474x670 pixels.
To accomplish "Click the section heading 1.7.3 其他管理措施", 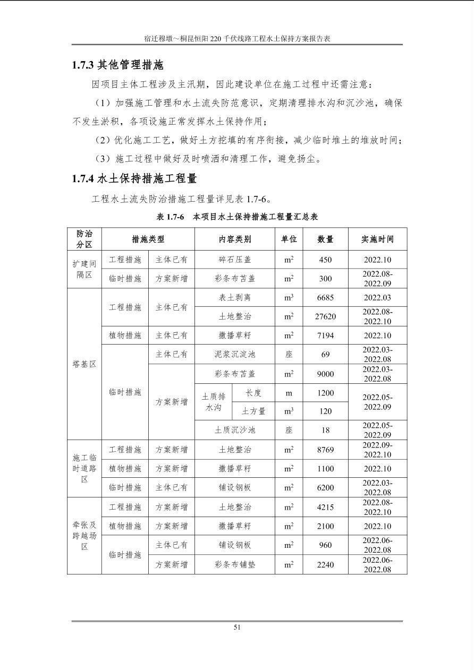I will [117, 65].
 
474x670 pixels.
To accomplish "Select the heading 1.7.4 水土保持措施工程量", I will [134, 178].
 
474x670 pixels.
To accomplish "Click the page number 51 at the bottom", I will [237, 627].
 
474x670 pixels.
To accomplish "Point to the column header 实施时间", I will [377, 239].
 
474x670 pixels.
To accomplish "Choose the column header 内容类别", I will [235, 239].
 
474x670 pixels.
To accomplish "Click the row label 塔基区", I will [84, 364].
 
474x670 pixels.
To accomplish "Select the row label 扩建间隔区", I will [84, 269].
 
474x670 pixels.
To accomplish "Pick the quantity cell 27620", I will [325, 317].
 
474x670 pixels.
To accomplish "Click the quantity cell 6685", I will [325, 298].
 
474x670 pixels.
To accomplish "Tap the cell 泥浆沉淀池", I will [235, 355].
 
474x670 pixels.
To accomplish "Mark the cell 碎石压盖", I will [235, 260].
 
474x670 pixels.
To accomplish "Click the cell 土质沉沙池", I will [235, 430].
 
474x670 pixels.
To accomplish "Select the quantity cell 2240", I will [325, 565].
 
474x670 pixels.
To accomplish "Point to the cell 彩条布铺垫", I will [235, 565].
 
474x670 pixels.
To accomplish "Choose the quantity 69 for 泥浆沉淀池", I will [325, 355].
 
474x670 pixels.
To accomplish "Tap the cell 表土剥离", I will [235, 298].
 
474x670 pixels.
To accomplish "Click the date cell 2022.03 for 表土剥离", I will [377, 298].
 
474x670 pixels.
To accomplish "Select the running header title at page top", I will [237, 39].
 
